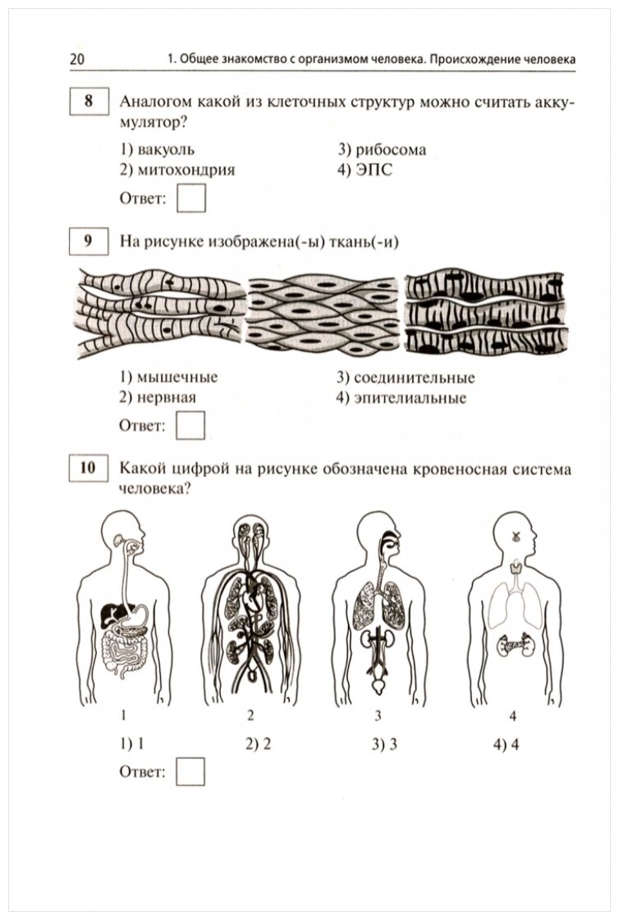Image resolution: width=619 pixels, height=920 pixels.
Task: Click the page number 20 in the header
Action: [x=78, y=60]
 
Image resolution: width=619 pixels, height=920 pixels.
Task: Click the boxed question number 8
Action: [x=89, y=103]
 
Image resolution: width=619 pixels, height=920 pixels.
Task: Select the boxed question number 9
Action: [x=89, y=241]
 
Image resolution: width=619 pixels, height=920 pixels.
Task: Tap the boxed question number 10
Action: [x=89, y=469]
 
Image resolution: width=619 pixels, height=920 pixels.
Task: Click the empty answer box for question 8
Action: [x=191, y=199]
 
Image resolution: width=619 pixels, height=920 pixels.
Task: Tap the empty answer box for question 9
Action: [x=191, y=426]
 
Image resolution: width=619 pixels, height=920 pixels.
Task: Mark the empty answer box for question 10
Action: [x=191, y=771]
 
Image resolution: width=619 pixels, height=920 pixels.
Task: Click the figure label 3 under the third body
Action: [x=378, y=715]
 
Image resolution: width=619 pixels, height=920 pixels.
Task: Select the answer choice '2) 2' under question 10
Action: [x=257, y=744]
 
